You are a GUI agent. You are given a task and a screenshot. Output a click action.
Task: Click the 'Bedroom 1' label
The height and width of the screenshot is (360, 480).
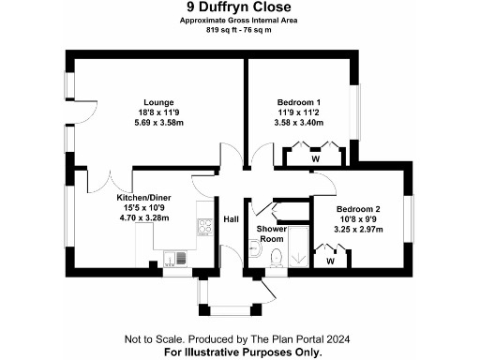pyautogui.click(x=298, y=101)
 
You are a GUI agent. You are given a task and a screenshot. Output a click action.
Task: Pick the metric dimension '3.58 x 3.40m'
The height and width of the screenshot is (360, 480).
pyautogui.click(x=298, y=122)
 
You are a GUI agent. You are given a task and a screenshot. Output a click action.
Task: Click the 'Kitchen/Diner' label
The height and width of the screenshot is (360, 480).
pyautogui.click(x=144, y=199)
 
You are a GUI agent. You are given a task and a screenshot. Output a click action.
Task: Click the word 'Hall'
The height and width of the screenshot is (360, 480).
pyautogui.click(x=231, y=220)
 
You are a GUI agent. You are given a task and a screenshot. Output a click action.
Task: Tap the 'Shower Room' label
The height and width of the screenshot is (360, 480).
pyautogui.click(x=271, y=233)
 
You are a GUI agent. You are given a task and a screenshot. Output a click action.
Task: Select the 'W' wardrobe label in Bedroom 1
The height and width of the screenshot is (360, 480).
pyautogui.click(x=315, y=158)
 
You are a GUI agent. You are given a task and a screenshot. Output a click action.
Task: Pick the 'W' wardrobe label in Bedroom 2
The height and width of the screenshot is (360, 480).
pyautogui.click(x=331, y=261)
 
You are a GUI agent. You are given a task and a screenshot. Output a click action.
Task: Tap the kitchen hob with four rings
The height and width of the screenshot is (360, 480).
pyautogui.click(x=201, y=225)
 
